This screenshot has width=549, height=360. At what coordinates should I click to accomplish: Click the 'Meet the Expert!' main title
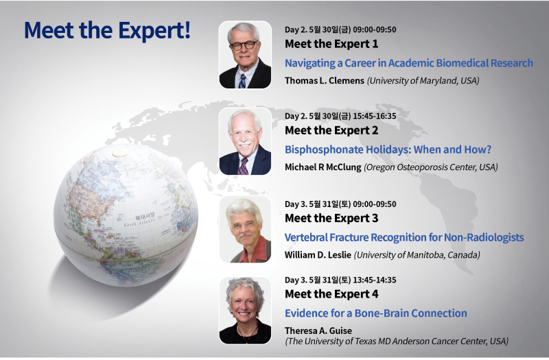click(108, 30)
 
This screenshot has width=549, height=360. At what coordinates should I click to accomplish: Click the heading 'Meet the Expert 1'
click(331, 44)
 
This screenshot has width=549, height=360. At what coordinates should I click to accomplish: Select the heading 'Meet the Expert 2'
click(331, 130)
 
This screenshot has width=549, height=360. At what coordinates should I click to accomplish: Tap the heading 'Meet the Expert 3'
click(331, 218)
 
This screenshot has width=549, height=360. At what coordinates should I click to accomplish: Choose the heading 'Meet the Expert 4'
click(331, 294)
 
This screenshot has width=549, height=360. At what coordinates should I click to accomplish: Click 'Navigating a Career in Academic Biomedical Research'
click(408, 63)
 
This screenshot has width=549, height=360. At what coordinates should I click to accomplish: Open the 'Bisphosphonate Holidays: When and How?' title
click(388, 149)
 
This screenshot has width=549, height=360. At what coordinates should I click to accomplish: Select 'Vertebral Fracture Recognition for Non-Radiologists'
click(404, 237)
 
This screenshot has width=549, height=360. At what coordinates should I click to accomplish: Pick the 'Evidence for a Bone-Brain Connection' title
click(375, 313)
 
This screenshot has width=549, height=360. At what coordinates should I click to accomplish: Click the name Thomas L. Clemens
click(325, 81)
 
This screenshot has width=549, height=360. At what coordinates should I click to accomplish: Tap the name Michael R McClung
click(323, 167)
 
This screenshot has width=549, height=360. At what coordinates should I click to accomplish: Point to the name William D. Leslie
click(318, 255)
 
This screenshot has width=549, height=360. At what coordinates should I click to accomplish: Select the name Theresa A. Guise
click(318, 331)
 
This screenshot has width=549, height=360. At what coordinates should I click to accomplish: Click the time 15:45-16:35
click(374, 116)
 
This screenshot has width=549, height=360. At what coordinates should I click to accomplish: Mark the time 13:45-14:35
click(374, 280)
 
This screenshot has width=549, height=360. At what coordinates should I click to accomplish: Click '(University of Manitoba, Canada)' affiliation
click(417, 255)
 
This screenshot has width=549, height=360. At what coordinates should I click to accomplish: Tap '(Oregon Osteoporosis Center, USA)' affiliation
click(431, 167)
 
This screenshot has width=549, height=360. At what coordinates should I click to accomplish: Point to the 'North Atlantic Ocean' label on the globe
click(147, 219)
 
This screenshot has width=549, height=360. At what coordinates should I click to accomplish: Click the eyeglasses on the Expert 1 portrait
click(244, 45)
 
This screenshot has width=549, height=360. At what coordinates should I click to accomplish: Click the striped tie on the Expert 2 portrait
click(243, 167)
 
